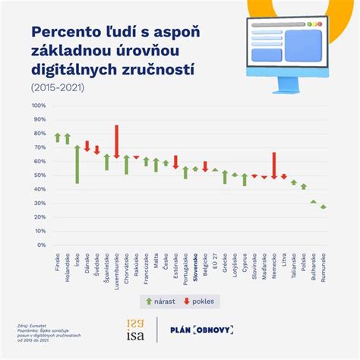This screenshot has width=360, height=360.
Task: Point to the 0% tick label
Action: [x=42, y=245]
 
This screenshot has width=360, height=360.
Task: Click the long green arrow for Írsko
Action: [x=77, y=163]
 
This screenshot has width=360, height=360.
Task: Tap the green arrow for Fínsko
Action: [x=58, y=137]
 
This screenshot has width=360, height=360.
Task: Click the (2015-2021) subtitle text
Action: [x=58, y=88]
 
